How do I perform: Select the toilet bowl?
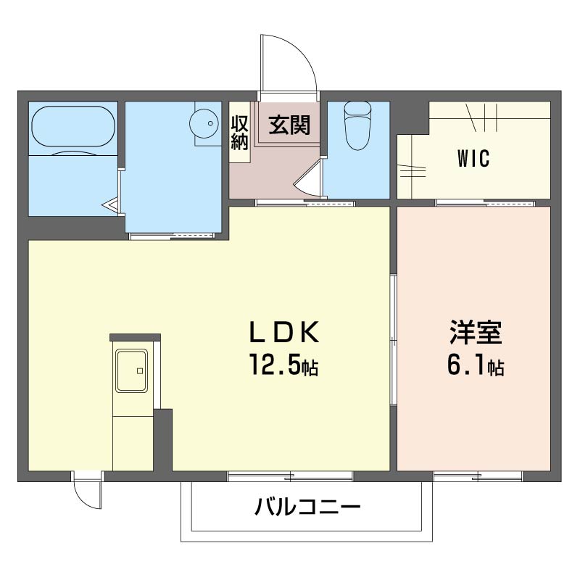coord(357,125)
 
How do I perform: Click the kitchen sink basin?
coord(131,370)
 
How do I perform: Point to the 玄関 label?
coord(289,125)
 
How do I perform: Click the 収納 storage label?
coord(239,133)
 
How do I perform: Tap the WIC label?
coord(473,158)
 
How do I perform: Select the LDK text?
coord(284,332)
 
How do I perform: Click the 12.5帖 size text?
coord(284,365)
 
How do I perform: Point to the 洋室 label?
coord(476,332)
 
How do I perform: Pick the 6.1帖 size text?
coord(476,365)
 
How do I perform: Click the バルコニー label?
coord(307,506)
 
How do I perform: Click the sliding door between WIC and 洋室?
coord(485,203)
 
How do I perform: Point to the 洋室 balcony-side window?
coord(478,476)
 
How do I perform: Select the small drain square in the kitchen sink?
coord(140,370)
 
